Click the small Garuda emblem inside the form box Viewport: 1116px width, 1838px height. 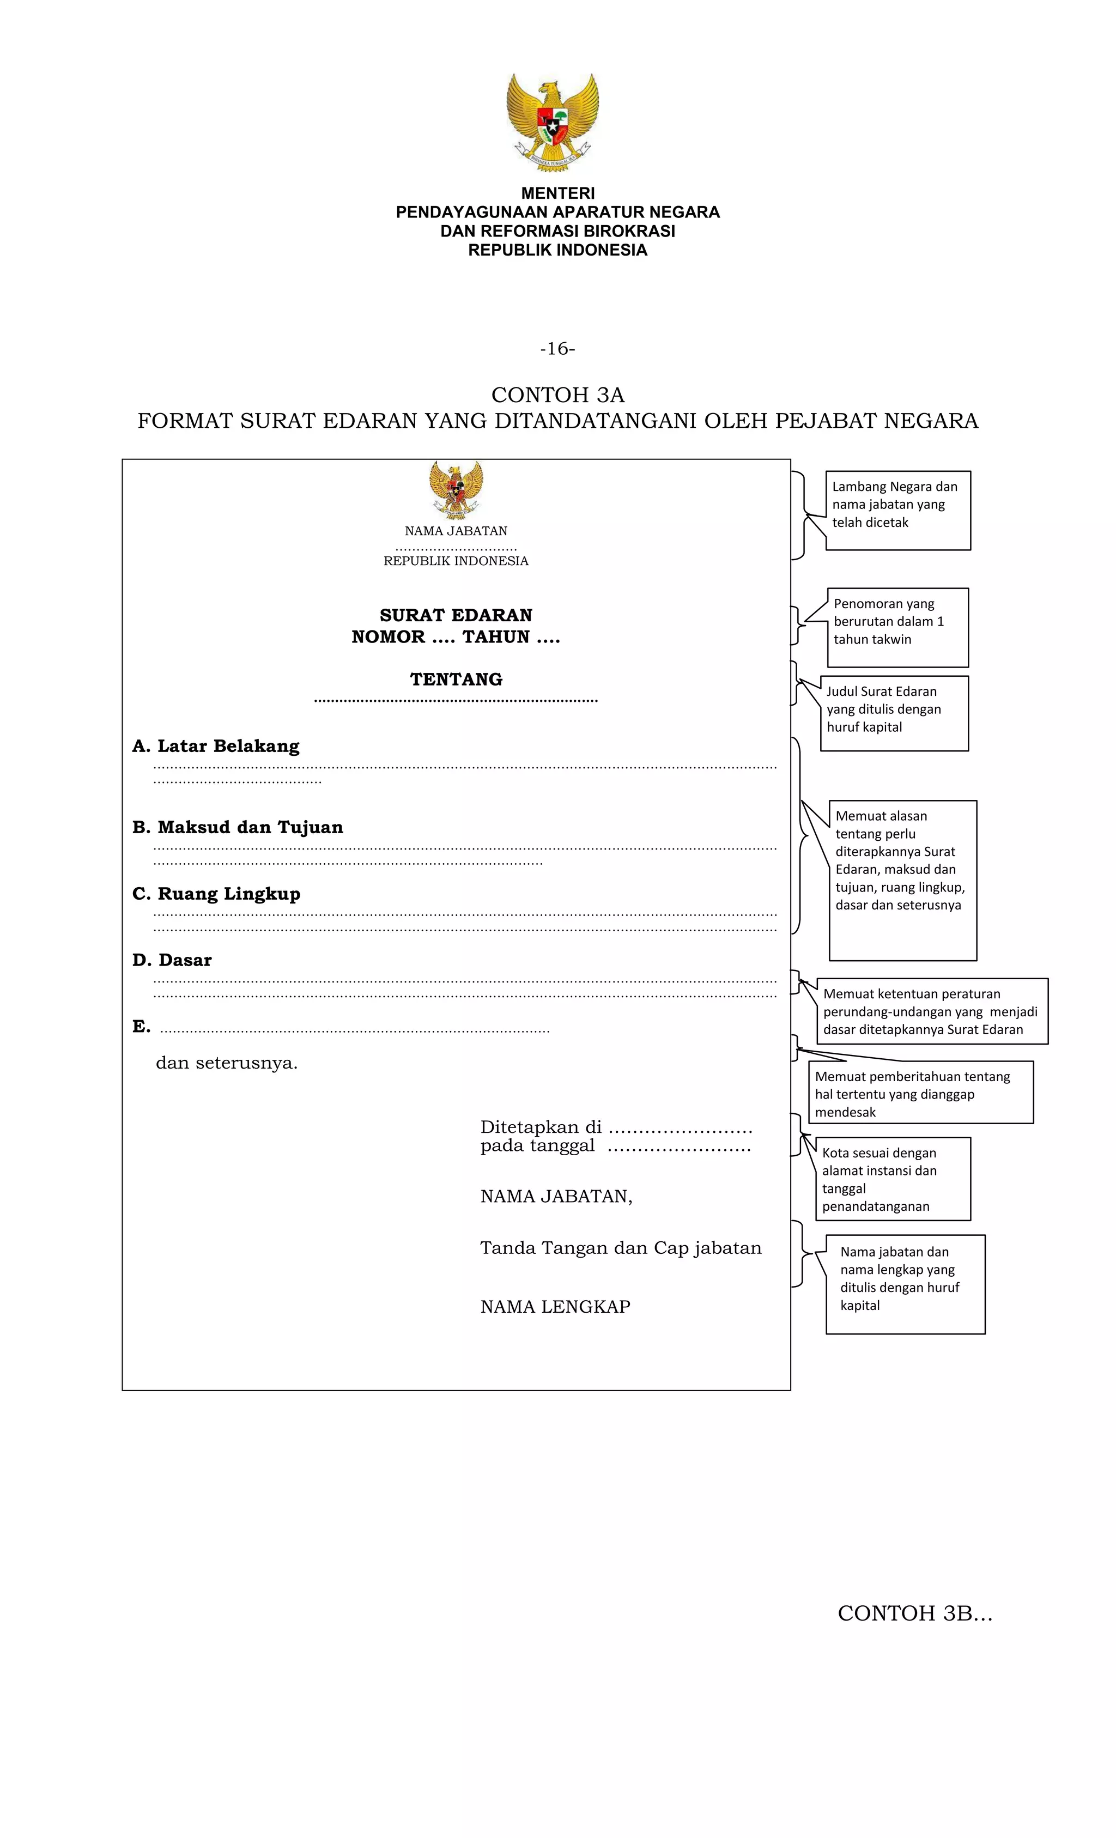[x=456, y=489]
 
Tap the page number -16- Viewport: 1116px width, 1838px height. [x=557, y=348]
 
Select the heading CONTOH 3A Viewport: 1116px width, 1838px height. [x=557, y=395]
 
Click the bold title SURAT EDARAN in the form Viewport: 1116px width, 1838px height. [x=456, y=615]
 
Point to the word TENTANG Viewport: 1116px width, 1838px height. [x=456, y=680]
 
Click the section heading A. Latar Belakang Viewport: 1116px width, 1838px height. [x=216, y=746]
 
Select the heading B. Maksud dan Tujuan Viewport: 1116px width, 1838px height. [x=237, y=827]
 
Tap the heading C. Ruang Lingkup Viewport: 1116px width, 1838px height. [x=216, y=894]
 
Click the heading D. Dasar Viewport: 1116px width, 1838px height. [x=172, y=960]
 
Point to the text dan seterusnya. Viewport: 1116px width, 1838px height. [x=226, y=1063]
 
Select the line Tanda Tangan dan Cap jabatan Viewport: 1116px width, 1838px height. [x=620, y=1248]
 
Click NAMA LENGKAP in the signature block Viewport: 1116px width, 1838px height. [x=555, y=1307]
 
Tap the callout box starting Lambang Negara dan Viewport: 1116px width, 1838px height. [x=897, y=510]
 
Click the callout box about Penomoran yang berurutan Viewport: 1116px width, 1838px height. [x=897, y=627]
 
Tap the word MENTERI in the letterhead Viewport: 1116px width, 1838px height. [x=557, y=193]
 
